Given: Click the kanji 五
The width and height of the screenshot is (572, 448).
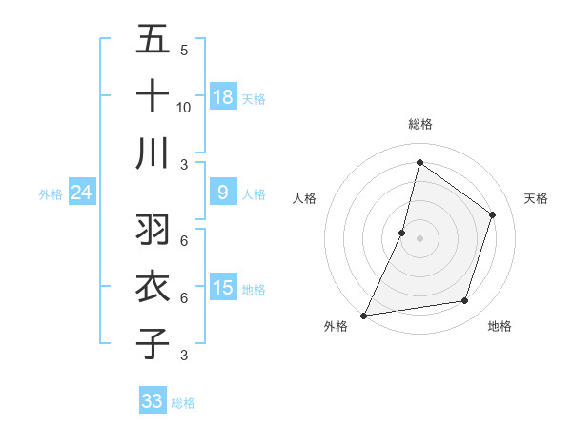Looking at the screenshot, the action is coord(153,40).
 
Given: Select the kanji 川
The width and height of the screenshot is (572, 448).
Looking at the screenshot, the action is coord(153,153).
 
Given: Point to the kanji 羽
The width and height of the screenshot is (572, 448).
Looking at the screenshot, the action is coord(153,229).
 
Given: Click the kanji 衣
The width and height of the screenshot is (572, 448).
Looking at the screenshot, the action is coord(153,286).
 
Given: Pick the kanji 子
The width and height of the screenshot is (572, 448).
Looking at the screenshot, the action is coord(153,342).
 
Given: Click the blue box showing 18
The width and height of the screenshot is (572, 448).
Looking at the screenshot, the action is coord(222,97).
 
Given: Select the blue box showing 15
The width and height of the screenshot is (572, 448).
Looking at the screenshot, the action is coord(222,288).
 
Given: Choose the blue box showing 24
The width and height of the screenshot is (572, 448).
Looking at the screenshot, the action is coord(81,193).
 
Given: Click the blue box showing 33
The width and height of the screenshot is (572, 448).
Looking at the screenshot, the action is coord(153,401).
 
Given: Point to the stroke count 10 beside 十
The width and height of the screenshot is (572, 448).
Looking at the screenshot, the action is coord(184,108).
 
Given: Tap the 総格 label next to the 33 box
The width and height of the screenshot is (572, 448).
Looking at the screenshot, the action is coord(184,403).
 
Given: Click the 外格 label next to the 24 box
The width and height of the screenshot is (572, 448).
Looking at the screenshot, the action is coord(51,194).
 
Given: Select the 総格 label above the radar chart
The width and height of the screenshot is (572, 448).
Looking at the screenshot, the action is coord(419,125).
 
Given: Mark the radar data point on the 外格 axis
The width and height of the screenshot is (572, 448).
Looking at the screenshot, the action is coord(363,316).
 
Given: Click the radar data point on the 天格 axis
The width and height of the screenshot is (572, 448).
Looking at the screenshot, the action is coord(493,214).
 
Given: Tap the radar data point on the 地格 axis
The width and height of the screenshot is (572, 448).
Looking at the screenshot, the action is coord(465,301).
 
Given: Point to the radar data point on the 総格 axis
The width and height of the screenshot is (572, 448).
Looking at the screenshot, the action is coord(419,162).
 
